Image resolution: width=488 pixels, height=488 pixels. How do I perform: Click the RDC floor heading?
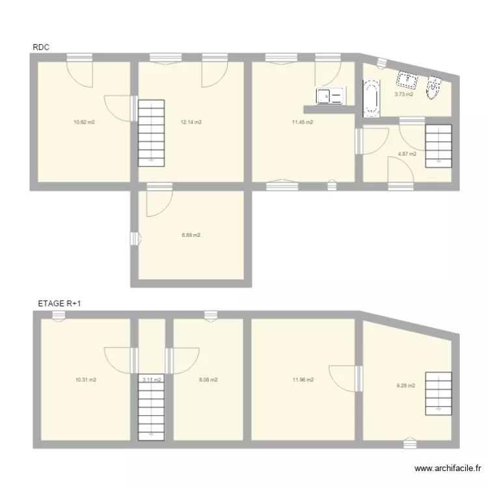(41, 47)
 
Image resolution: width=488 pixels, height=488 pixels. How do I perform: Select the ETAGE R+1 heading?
(60, 303)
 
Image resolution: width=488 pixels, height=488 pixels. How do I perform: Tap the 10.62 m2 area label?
(85, 122)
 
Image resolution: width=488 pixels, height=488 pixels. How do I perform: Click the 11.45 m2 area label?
(303, 122)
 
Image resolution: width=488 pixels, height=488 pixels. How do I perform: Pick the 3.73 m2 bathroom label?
(403, 94)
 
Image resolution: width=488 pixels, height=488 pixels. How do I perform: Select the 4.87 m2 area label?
(407, 154)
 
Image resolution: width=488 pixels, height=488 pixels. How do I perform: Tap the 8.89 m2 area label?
(191, 235)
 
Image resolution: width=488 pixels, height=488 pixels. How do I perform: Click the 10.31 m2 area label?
(85, 380)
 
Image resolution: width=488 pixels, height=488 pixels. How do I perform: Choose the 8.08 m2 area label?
(208, 380)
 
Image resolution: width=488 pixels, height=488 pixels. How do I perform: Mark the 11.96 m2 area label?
(303, 380)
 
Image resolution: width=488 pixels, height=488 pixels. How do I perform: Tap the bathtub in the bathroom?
(371, 99)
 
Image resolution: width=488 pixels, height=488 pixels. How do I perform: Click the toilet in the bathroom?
(435, 87)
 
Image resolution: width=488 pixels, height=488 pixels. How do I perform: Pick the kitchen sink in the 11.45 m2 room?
(330, 96)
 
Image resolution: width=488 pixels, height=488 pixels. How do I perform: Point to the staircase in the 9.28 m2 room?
(438, 392)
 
